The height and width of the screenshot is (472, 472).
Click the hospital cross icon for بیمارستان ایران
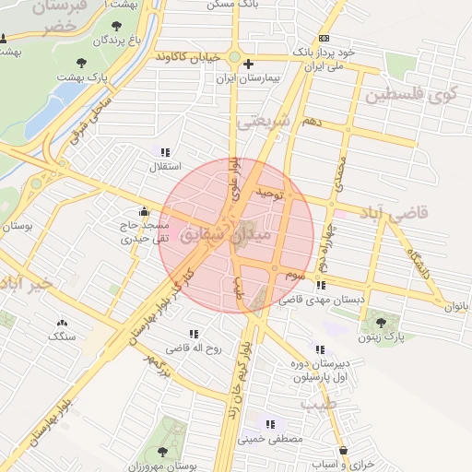[x=249, y=64]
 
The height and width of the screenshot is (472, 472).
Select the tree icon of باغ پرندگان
[x=115, y=27]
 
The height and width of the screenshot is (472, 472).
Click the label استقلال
[x=167, y=167]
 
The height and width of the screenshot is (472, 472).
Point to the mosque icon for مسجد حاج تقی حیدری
[x=142, y=210]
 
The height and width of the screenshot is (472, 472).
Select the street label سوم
[x=295, y=274]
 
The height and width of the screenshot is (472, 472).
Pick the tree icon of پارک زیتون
[x=381, y=321]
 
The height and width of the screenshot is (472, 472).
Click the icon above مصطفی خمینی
[x=270, y=424]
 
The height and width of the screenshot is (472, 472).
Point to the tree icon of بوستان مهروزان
[x=162, y=452]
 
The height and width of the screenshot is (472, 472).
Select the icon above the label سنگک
[x=62, y=323]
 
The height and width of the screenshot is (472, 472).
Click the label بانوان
[x=454, y=305]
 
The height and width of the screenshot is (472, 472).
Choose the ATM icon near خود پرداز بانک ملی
[x=323, y=39]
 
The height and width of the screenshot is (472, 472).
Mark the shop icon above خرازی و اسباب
[x=344, y=450]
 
